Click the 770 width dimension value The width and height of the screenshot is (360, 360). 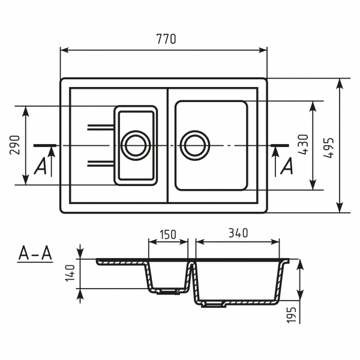[x=164, y=40]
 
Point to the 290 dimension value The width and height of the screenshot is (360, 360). [x=16, y=145]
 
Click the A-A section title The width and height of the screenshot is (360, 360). [x=35, y=254]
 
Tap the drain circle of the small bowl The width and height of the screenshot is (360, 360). [x=136, y=145]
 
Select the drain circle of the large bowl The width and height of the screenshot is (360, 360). [x=196, y=145]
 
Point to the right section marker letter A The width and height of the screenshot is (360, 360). [x=287, y=166]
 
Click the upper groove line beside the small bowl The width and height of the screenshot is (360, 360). [x=101, y=127]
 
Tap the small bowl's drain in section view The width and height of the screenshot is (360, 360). [x=168, y=292]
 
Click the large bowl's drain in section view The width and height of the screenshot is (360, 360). [x=212, y=304]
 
